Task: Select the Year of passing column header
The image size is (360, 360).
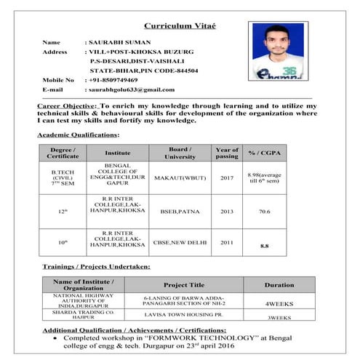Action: coord(226,153)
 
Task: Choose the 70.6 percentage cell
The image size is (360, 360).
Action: coord(264,212)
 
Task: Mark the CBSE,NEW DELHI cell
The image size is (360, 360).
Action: coord(180,242)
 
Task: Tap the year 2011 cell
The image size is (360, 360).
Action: coord(226,242)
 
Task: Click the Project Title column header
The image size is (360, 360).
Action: coord(185,284)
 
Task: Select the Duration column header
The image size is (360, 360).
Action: coord(279,284)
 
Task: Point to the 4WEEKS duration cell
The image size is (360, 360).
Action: coord(279,302)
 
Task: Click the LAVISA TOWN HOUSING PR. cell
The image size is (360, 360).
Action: coord(183,315)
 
